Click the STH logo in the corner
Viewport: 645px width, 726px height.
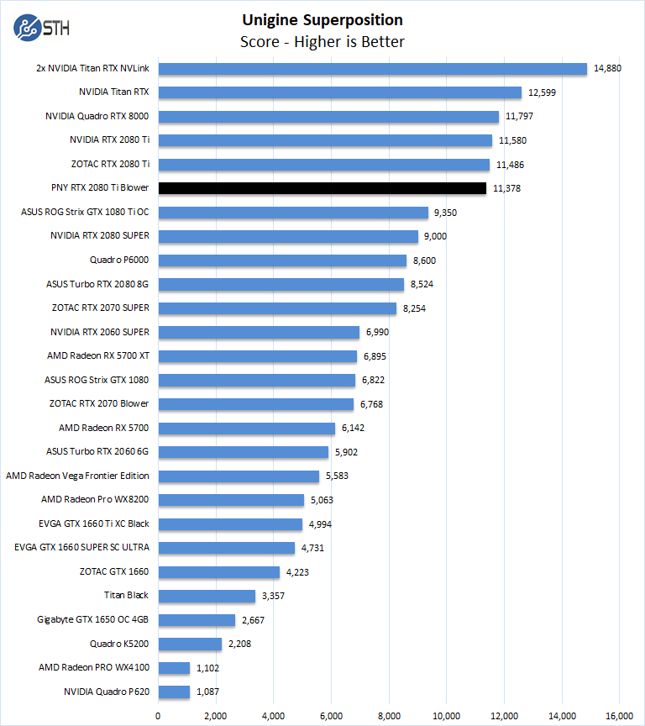41,26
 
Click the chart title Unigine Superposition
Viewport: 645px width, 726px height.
322,20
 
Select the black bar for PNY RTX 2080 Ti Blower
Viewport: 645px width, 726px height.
322,188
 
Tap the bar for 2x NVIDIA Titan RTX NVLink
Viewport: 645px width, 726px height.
372,69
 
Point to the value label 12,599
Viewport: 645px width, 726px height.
542,92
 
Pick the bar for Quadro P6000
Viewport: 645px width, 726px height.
282,260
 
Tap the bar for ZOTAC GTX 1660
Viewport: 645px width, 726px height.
218,571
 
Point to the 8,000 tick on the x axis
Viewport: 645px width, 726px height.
389,716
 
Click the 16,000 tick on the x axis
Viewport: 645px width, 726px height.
620,716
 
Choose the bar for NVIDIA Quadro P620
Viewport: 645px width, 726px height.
174,692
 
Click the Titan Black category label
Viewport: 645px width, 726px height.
126,595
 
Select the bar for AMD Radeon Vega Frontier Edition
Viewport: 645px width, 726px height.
239,476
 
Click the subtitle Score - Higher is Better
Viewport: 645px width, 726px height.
322,42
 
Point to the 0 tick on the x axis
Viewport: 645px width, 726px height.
158,716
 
